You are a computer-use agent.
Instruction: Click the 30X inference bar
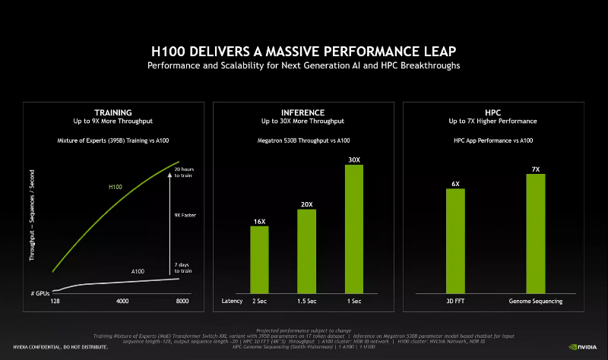[354, 229]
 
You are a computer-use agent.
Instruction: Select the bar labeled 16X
[260, 259]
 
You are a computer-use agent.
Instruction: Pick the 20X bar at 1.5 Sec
[306, 251]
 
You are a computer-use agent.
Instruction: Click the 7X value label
[536, 169]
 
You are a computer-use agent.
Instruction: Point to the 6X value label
[455, 183]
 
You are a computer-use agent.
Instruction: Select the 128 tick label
[55, 302]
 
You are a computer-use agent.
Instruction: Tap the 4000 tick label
[122, 302]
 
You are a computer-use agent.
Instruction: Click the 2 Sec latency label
[260, 302]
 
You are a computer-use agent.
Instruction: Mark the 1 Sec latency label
[354, 302]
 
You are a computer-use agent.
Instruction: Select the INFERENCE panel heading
[302, 112]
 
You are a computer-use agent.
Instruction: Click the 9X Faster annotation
[185, 215]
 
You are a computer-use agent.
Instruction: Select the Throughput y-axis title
[33, 215]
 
